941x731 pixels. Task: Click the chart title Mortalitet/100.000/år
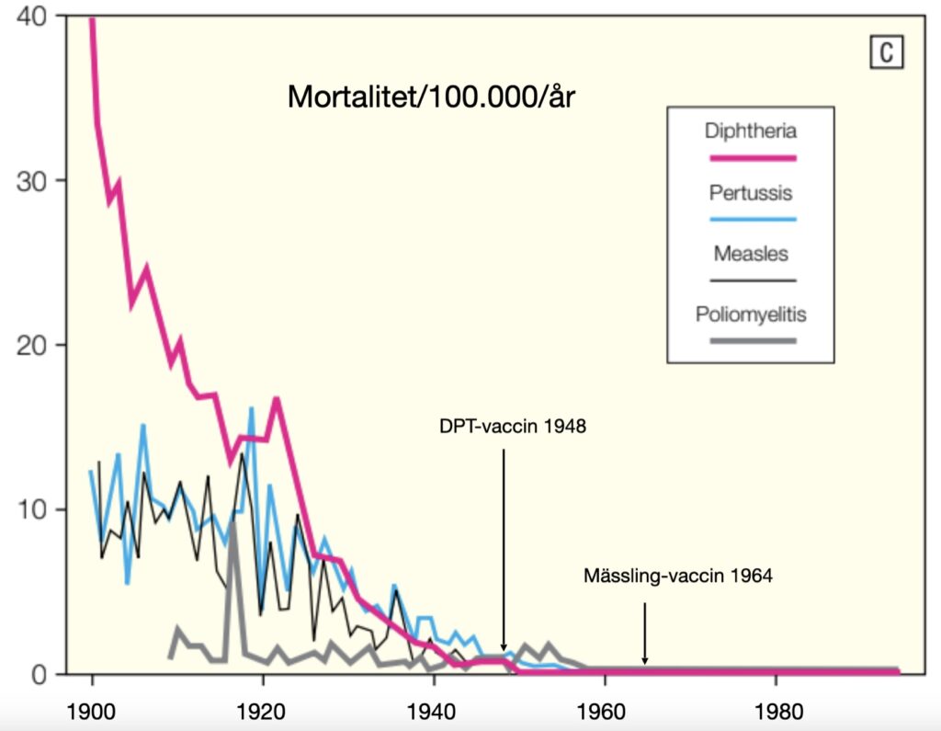pos(431,97)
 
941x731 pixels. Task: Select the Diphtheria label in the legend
pos(749,131)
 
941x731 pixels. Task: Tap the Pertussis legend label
pos(750,193)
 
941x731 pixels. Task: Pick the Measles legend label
pos(750,254)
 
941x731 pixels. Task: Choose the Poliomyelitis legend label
pos(750,314)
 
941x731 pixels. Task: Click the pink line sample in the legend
pos(750,158)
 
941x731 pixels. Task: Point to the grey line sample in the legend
pos(750,341)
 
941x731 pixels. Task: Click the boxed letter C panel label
pos(886,53)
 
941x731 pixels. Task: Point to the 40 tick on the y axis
pos(39,16)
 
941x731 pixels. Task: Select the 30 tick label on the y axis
pos(39,180)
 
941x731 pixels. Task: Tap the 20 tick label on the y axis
pos(39,345)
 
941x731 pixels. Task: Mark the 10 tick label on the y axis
pos(39,509)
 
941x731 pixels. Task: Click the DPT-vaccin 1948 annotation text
pos(513,427)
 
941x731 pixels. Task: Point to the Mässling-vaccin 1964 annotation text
pos(678,577)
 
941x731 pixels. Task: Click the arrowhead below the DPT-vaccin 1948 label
pos(504,647)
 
